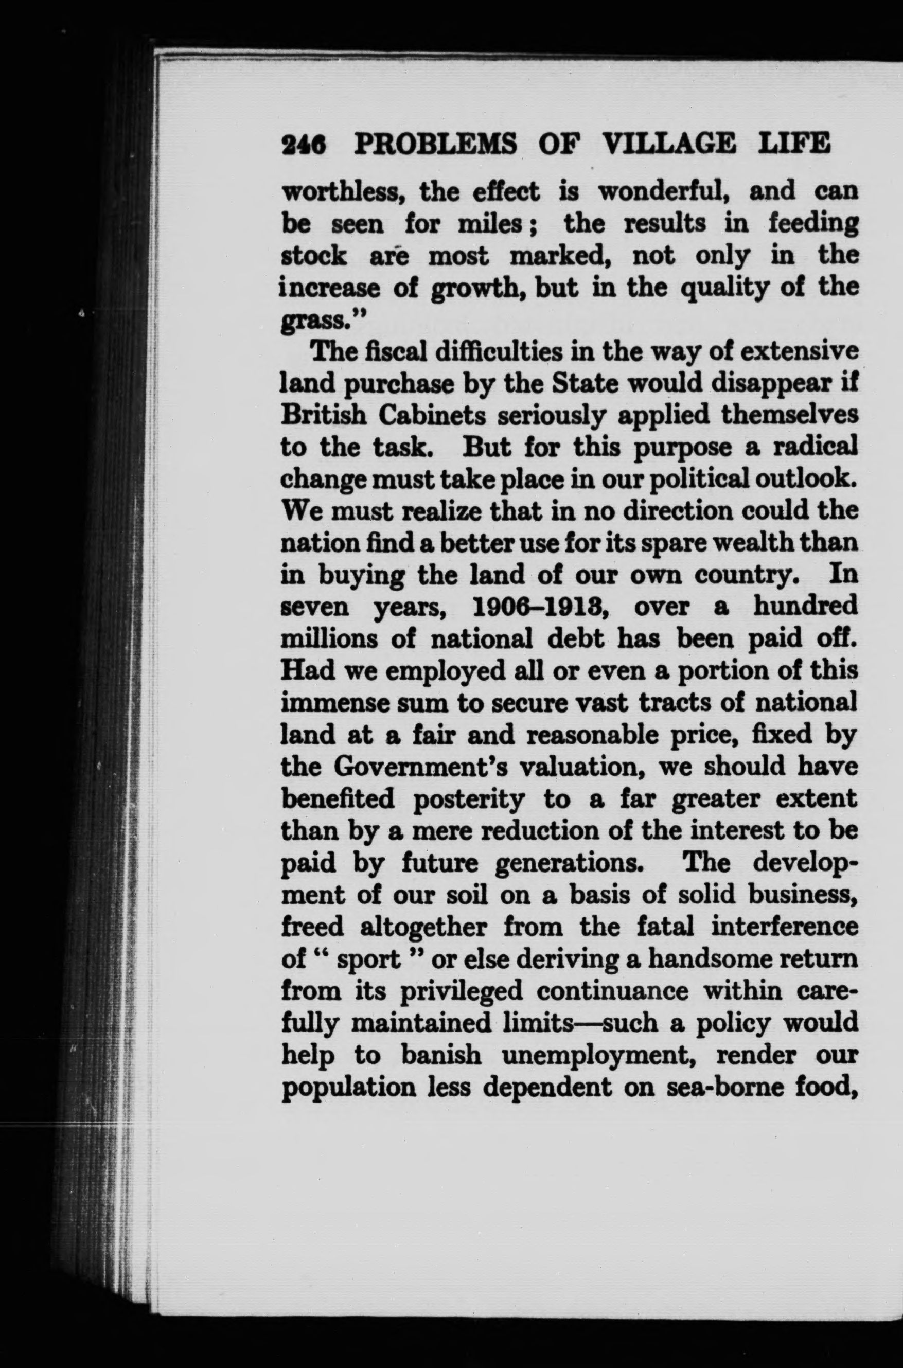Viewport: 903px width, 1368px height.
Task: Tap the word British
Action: [x=323, y=415]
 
